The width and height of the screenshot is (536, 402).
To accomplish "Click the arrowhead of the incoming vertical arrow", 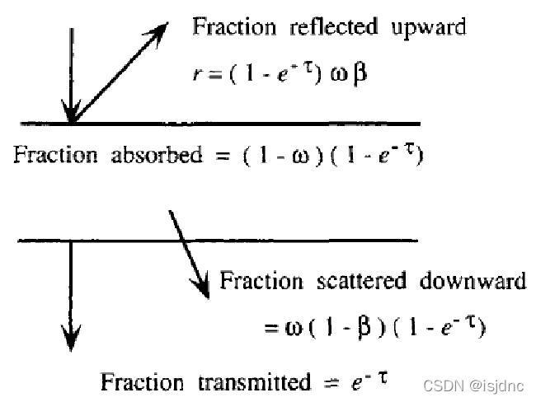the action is [73, 115].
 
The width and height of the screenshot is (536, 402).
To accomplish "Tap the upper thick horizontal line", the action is [247, 124].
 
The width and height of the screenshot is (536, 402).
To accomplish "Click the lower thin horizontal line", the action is [247, 241].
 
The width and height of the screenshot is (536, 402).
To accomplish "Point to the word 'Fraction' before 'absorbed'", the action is [52, 156].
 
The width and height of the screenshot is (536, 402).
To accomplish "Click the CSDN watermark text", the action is [479, 385].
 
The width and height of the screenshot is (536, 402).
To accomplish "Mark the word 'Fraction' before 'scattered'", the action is [261, 282].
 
